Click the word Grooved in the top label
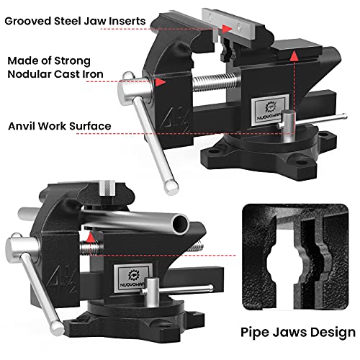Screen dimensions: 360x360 coord(30,19)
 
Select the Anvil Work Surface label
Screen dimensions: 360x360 coord(59,126)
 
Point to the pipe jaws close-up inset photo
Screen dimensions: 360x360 coord(297,258)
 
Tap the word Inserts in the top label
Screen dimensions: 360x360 coord(147,19)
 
